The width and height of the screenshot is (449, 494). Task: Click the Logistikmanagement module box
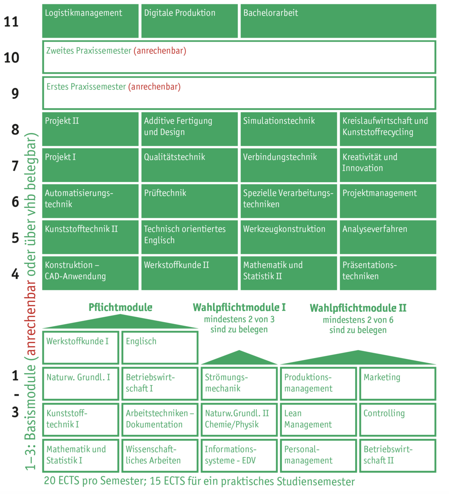point(90,21)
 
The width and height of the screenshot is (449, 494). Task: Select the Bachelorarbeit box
point(339,21)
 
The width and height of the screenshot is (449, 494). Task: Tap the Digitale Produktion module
point(189,21)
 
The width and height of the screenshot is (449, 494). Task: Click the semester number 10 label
point(11,57)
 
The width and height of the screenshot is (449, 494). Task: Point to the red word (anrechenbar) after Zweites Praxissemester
point(160,51)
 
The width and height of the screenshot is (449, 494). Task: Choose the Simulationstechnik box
point(289,129)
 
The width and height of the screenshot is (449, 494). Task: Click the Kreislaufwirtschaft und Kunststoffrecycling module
point(388,129)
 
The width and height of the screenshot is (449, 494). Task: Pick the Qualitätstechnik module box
point(189,165)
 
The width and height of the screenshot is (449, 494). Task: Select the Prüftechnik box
point(189,201)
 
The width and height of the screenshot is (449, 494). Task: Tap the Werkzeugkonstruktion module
point(289,237)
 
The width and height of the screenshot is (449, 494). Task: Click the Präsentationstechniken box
point(388,273)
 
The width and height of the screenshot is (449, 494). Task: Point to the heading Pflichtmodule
point(120,307)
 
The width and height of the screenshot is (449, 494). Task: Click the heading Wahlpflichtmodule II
point(358,308)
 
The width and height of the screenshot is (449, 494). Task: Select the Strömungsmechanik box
point(239,384)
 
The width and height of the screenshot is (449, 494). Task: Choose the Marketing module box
point(398,384)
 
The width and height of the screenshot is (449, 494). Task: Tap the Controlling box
point(398,420)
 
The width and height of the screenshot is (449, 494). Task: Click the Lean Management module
point(318,420)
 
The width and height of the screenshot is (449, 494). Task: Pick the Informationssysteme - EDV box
point(239,455)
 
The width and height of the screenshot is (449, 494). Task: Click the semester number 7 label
point(15,166)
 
